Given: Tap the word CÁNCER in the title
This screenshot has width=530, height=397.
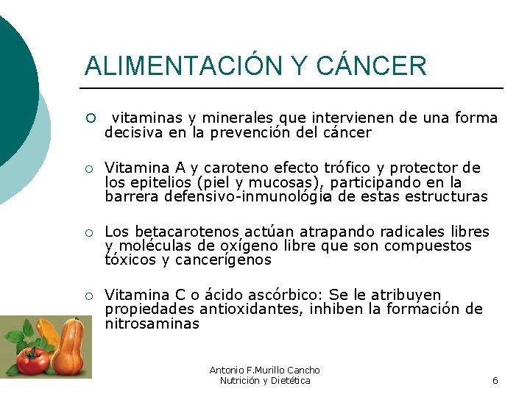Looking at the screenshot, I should pos(371,66).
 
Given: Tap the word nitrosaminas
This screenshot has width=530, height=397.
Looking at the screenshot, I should pos(152,323).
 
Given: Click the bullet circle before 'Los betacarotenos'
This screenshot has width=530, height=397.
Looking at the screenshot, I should pos(89,232).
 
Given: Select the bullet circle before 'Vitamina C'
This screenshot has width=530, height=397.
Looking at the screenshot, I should pos(89,296).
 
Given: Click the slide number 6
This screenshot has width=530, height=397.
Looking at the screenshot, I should pos(495,380).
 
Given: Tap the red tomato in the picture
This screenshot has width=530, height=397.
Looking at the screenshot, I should pos(32,358).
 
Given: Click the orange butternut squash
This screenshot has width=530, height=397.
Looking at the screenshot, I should pos(70,349).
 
